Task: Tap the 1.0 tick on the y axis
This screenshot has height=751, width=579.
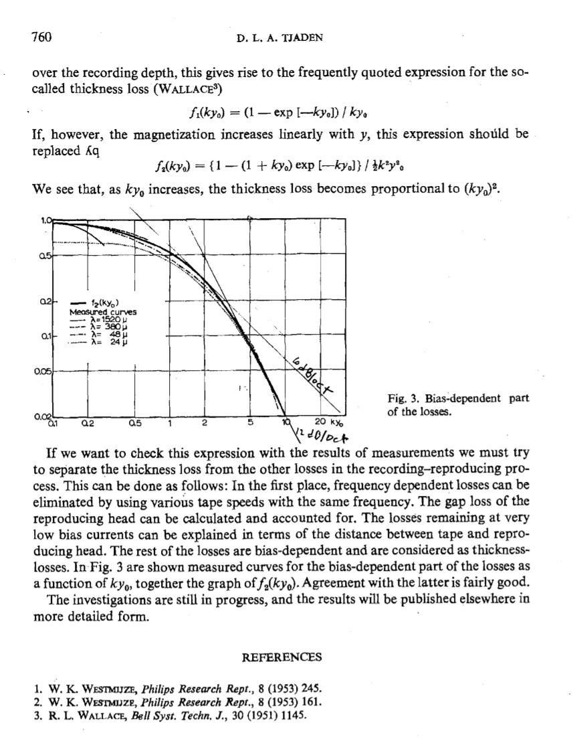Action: [x=45, y=218]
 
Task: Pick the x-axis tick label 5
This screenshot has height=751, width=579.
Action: [x=249, y=423]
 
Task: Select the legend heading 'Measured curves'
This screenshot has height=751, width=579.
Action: [x=103, y=311]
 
